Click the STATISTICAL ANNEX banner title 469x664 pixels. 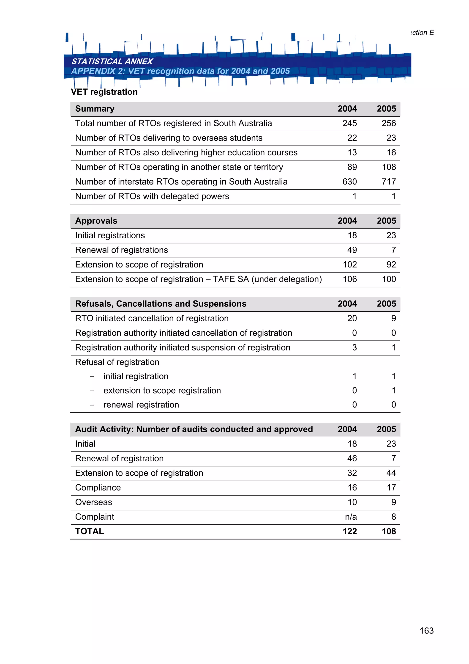click(x=112, y=61)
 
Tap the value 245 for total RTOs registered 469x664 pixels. click(x=349, y=124)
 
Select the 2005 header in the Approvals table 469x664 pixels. click(x=386, y=221)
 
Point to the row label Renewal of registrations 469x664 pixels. click(x=121, y=250)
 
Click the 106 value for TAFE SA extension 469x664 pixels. click(x=349, y=279)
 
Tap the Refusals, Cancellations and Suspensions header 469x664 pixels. click(x=161, y=304)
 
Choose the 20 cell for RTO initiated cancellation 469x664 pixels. click(x=352, y=318)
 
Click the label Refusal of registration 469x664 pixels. click(x=117, y=362)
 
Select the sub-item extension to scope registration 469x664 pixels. click(x=162, y=391)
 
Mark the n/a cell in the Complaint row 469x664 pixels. click(x=351, y=517)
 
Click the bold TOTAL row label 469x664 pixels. click(x=89, y=532)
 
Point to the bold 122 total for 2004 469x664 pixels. click(x=349, y=532)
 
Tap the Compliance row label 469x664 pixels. click(x=98, y=488)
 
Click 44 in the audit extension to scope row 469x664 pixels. click(x=391, y=473)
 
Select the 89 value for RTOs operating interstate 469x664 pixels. click(x=352, y=167)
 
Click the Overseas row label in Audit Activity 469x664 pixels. click(x=93, y=502)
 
